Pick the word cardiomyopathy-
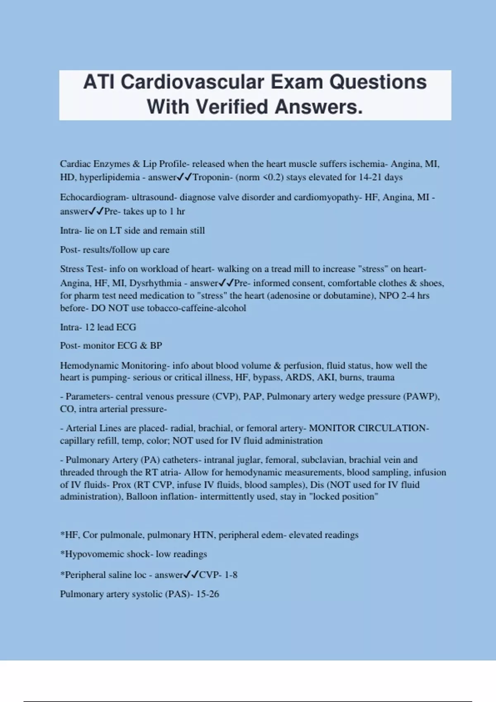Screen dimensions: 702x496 click(x=328, y=197)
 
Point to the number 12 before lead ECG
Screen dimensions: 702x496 click(x=90, y=327)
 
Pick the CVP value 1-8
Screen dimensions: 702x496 click(x=231, y=575)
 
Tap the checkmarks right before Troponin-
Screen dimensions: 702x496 click(x=185, y=177)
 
